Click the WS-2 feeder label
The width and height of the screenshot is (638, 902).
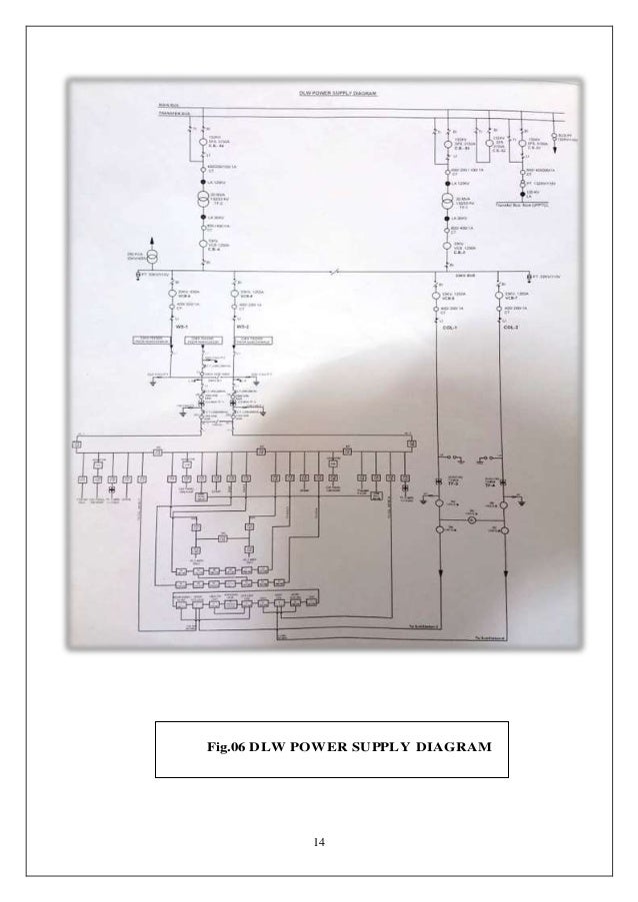241,326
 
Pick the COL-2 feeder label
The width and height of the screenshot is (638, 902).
510,327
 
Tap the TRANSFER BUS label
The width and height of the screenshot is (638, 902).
174,112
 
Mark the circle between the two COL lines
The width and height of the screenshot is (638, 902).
470,520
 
